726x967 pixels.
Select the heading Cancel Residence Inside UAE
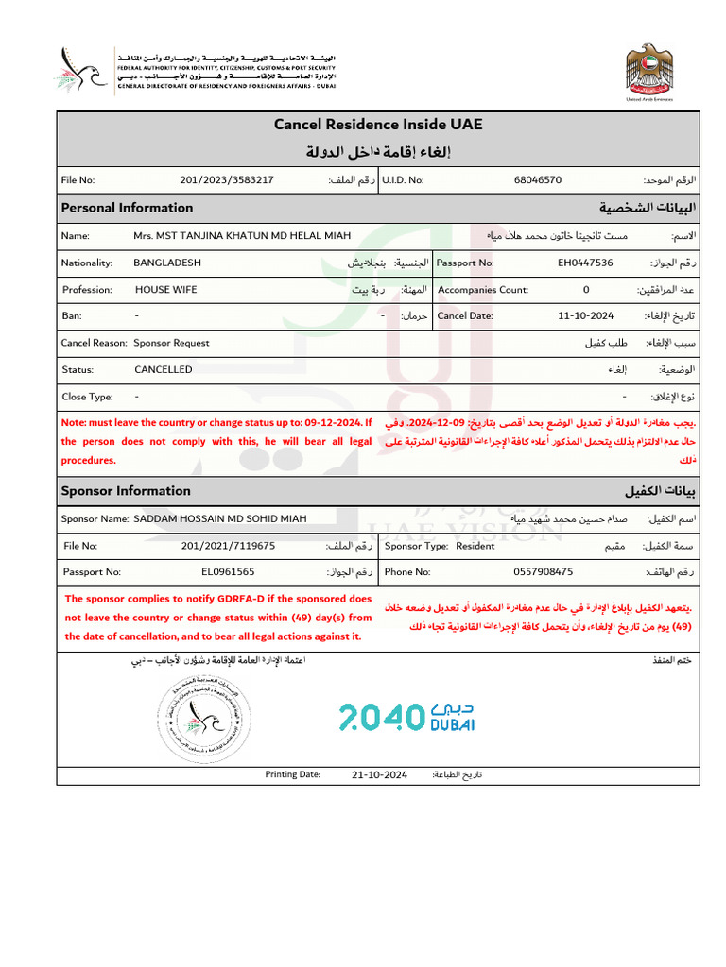coord(378,125)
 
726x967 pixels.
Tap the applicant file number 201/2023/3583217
coord(227,179)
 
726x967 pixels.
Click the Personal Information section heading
coord(127,208)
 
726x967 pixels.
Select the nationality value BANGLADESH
coord(167,263)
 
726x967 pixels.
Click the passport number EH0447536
coord(585,263)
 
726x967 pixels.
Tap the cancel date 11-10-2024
coord(586,316)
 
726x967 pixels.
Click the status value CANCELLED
coord(163,369)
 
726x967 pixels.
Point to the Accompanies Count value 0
coord(586,290)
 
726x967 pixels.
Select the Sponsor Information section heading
coord(126,491)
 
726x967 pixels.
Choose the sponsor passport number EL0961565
coord(227,571)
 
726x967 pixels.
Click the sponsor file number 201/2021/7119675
coord(228,545)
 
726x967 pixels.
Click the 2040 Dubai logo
coord(406,718)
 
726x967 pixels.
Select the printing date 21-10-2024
coord(379,774)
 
